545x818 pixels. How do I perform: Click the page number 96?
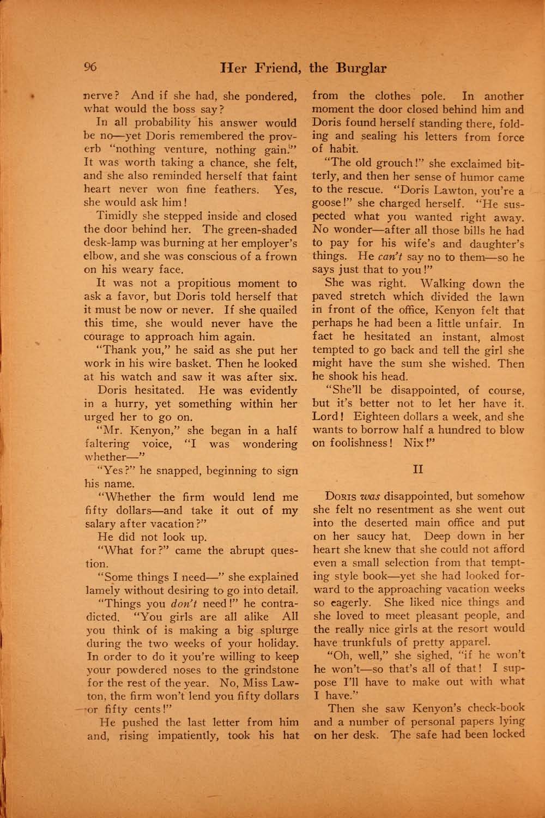click(90, 67)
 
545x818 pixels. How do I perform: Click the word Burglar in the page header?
click(361, 68)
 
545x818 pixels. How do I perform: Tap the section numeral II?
click(418, 470)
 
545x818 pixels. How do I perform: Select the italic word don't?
click(187, 604)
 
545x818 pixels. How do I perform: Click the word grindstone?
click(267, 670)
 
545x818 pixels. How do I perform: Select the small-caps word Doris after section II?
click(341, 497)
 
